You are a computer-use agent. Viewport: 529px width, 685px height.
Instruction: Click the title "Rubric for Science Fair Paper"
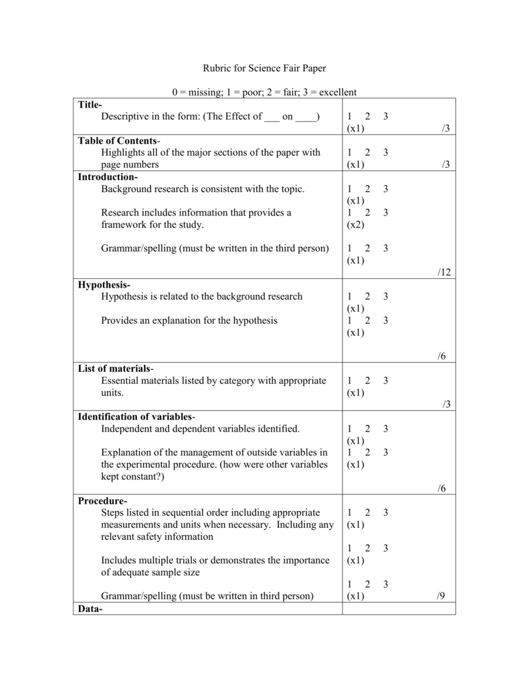click(x=264, y=68)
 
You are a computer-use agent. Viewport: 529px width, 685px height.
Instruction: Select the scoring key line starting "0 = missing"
click(x=264, y=92)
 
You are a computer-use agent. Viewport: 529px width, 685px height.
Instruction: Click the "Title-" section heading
click(x=90, y=105)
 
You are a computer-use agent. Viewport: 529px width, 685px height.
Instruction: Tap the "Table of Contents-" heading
click(x=119, y=141)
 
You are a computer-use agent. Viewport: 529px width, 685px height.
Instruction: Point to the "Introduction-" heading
click(x=108, y=177)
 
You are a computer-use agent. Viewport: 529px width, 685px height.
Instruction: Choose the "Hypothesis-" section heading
click(x=104, y=285)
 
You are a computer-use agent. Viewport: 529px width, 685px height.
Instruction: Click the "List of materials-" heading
click(x=116, y=369)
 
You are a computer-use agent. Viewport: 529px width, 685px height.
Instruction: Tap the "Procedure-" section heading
click(x=102, y=501)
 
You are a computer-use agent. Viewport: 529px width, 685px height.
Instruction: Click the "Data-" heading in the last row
click(x=90, y=609)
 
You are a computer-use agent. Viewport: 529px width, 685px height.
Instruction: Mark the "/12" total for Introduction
click(x=445, y=272)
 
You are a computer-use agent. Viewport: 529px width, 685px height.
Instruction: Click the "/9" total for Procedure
click(x=441, y=596)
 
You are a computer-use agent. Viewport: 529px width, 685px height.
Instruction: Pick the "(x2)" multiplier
click(x=355, y=225)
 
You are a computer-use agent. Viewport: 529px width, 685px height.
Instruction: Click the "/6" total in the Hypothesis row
click(x=441, y=357)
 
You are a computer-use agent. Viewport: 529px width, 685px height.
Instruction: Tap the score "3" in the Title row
click(x=386, y=117)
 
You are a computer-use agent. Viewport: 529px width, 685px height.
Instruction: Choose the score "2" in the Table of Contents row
click(x=367, y=153)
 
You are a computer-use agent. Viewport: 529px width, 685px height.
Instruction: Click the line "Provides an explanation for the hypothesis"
click(x=189, y=320)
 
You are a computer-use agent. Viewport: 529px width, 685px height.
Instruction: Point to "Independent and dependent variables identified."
click(x=201, y=429)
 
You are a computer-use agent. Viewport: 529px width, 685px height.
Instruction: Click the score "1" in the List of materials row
click(x=349, y=381)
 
